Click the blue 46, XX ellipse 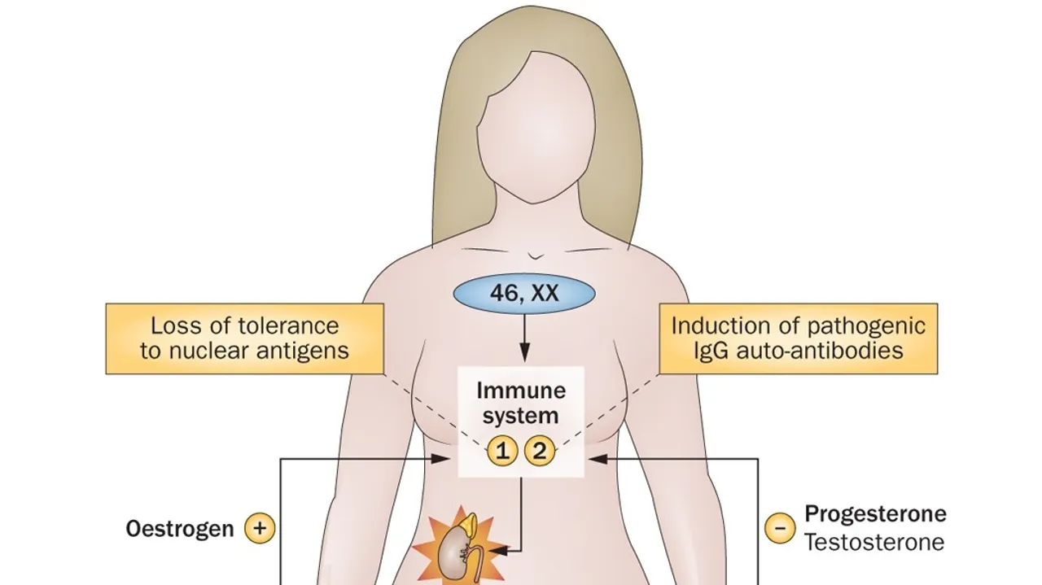523,293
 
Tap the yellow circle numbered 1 502,451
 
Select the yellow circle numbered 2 539,451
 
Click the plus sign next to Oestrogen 260,529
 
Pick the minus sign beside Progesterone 779,529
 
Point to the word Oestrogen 180,529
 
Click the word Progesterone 875,514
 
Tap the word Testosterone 874,542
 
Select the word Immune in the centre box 521,391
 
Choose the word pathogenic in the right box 866,326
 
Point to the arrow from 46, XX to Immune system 523,338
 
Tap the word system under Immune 521,416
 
